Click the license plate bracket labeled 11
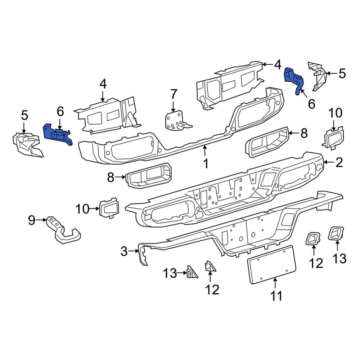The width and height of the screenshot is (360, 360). point(272,265)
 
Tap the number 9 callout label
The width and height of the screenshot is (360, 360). point(32,220)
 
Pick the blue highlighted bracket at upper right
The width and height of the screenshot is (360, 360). point(294,79)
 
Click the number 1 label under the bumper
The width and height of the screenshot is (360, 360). point(205,164)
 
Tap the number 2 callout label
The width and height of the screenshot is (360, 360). point(339,163)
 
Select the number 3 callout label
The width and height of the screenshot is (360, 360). point(124,251)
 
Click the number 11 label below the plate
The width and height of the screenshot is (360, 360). point(276,296)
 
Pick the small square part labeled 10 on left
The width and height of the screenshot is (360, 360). point(109,208)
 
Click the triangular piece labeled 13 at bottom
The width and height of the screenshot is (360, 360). point(192,273)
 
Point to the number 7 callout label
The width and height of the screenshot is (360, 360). point(174,95)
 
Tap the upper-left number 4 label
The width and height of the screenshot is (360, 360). point(103,85)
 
